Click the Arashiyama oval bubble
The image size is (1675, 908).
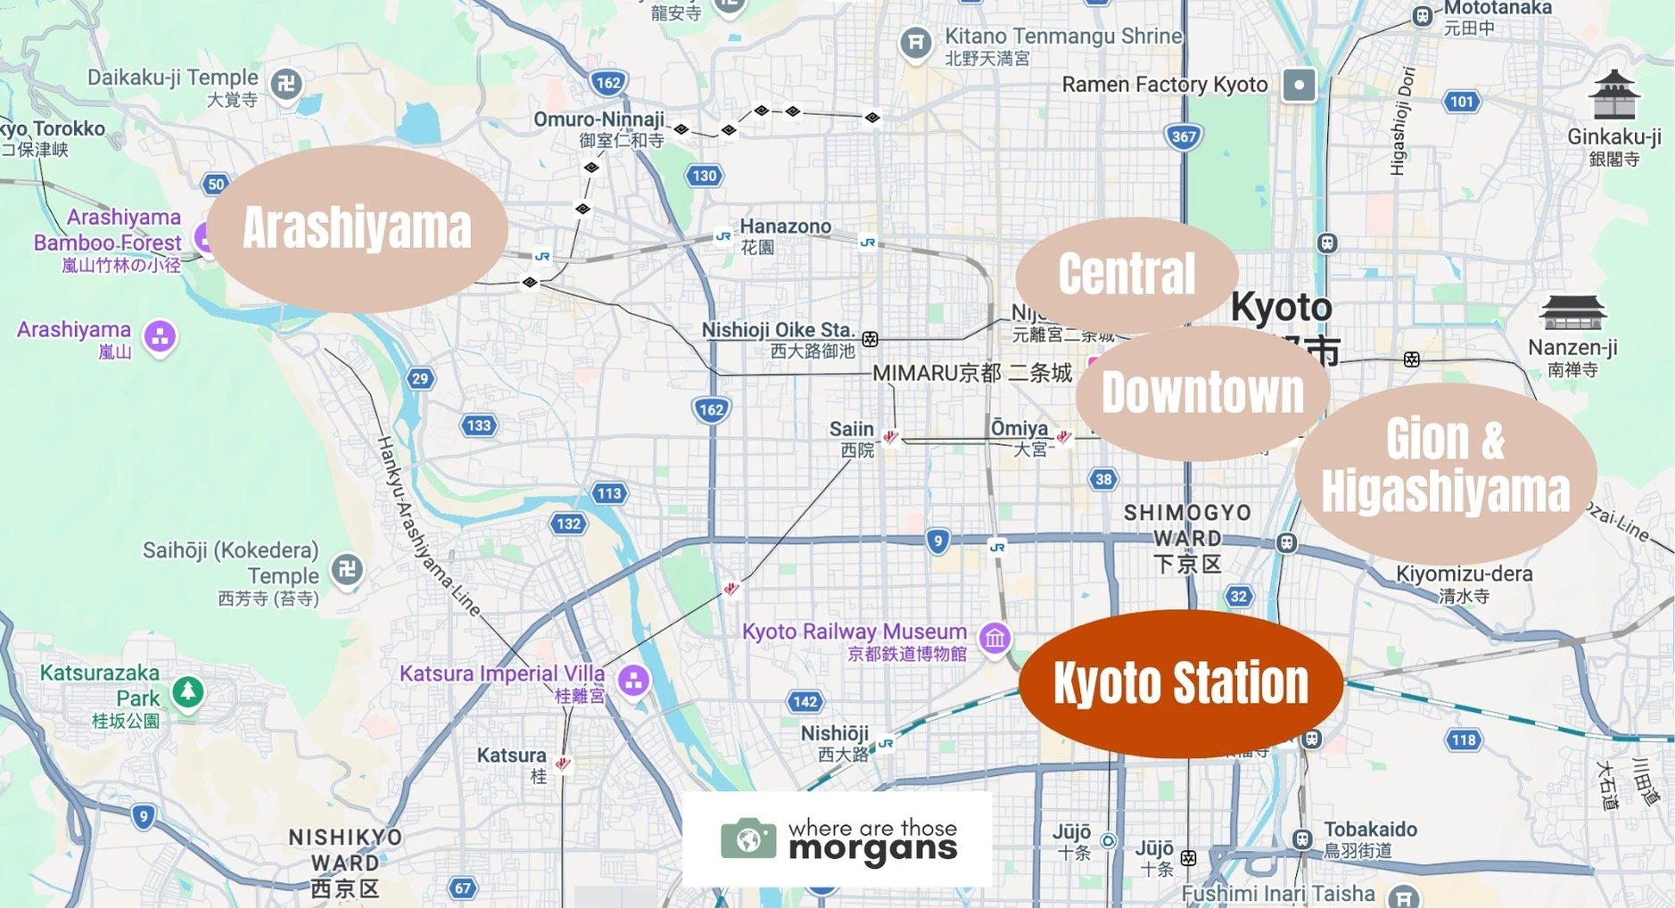pos(357,228)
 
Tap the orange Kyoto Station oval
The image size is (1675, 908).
pos(1180,683)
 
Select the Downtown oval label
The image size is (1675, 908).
pos(1202,393)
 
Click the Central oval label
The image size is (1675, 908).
pos(1126,274)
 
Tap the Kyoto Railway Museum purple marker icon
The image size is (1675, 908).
pos(994,638)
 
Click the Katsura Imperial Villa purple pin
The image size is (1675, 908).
pos(633,681)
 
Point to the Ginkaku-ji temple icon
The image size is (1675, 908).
pos(1614,95)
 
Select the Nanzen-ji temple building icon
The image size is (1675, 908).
pos(1572,313)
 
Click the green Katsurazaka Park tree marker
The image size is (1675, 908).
pos(187,690)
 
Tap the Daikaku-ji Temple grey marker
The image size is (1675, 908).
pos(286,85)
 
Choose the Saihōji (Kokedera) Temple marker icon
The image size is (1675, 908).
pos(347,569)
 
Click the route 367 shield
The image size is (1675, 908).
pos(1183,136)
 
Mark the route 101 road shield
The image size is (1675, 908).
pos(1461,102)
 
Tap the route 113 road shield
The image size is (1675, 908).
pos(609,493)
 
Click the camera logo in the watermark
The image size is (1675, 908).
pos(747,838)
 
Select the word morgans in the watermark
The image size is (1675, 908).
pos(872,849)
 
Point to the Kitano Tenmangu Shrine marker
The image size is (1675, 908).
pos(915,42)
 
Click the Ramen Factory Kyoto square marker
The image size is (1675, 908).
pos(1299,86)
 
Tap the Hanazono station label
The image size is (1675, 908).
pos(785,227)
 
